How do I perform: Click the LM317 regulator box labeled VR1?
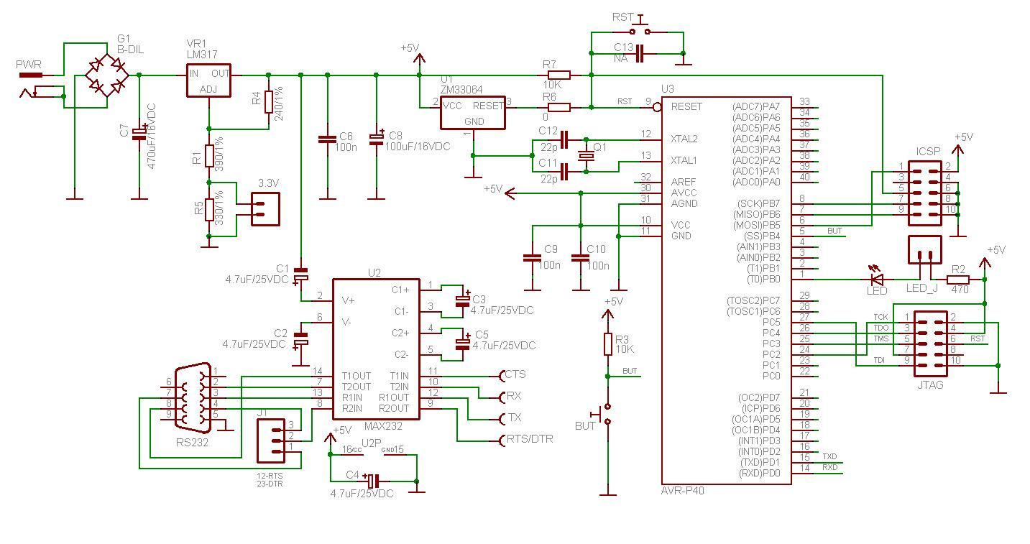pos(208,81)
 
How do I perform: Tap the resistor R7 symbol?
pos(558,75)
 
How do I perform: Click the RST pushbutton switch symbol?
pos(639,31)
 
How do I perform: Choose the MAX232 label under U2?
pos(383,426)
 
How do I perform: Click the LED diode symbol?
pos(876,279)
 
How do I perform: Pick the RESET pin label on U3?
pos(686,106)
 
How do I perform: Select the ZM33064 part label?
pos(461,90)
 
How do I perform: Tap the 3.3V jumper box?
pos(264,208)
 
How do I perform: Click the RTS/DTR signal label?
pos(529,439)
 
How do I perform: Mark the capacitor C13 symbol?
pos(640,53)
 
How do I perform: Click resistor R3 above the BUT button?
pos(608,344)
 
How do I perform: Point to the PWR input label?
pos(29,65)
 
